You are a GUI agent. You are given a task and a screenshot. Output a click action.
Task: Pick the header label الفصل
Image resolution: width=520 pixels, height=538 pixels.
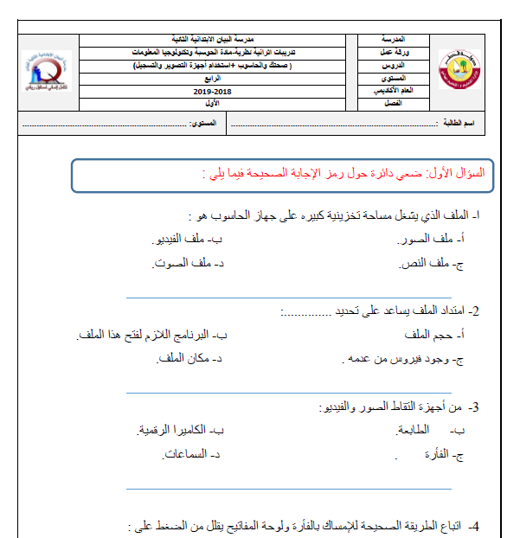pos(392,103)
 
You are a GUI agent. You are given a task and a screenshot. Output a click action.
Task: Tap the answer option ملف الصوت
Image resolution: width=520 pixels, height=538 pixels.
pos(182,262)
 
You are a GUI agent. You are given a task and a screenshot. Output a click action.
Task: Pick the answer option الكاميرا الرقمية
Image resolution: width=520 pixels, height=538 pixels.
pos(170,429)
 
